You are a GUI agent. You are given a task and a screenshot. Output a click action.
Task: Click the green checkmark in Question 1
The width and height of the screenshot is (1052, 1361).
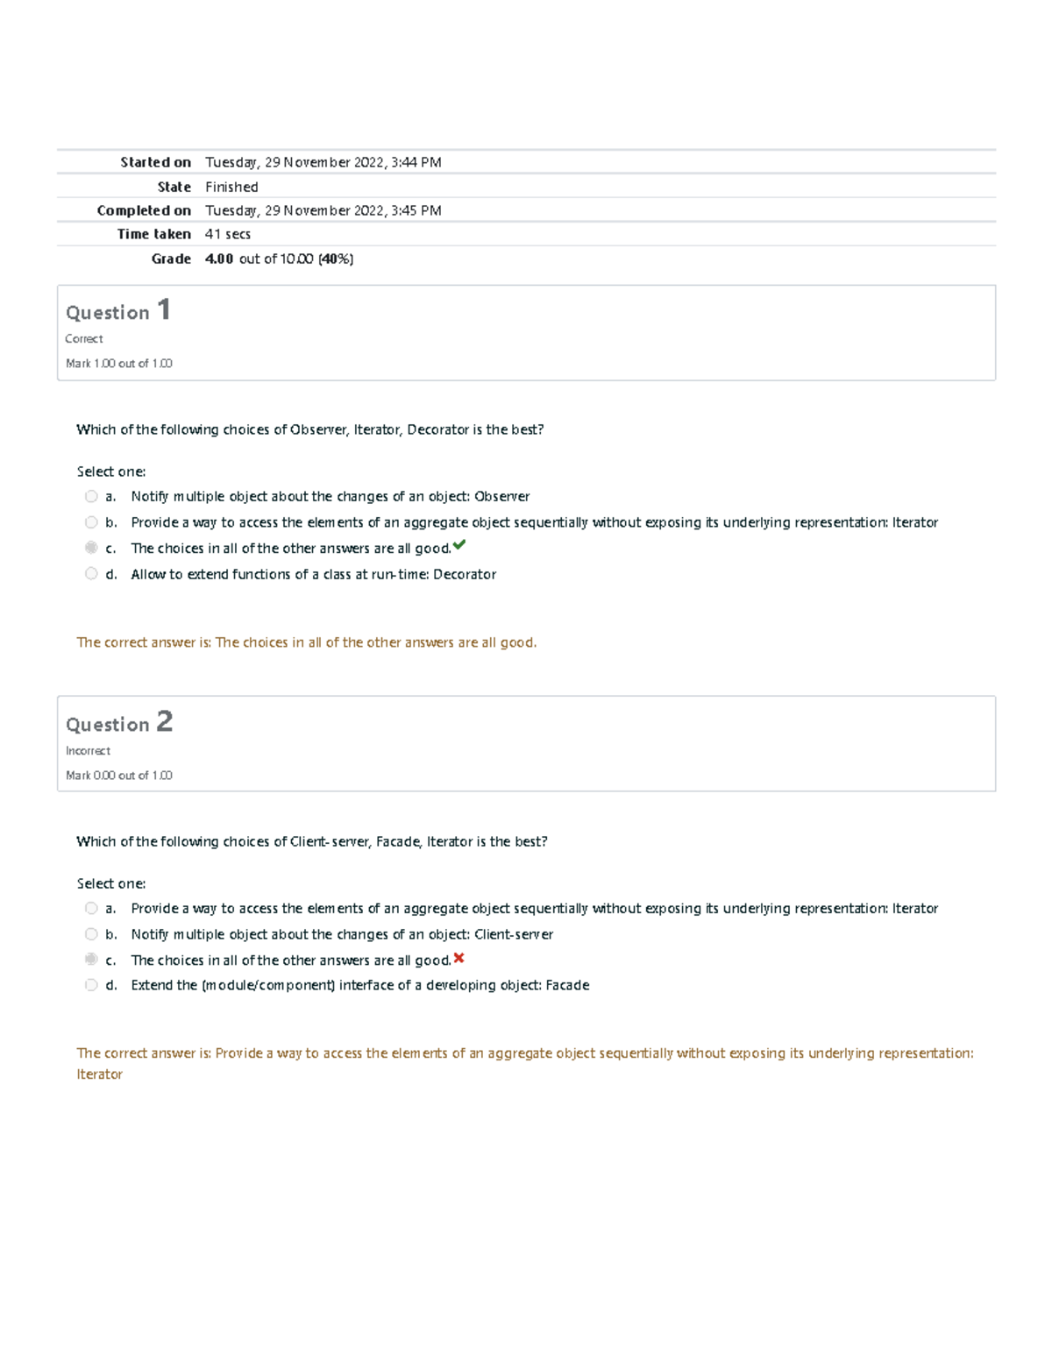[459, 545]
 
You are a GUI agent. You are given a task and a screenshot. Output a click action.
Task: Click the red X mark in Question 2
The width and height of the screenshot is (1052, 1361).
[458, 958]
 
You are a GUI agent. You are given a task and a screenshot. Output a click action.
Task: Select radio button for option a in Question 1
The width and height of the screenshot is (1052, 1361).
[91, 496]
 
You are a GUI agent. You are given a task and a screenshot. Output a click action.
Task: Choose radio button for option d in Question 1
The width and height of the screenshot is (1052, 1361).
[91, 574]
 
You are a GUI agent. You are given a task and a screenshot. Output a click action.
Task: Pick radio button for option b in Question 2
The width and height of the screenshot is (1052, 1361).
[91, 934]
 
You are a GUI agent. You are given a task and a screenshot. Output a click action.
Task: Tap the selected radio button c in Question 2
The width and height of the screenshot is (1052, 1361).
[91, 960]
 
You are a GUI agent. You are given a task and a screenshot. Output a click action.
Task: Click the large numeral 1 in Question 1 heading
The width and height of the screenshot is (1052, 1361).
[163, 310]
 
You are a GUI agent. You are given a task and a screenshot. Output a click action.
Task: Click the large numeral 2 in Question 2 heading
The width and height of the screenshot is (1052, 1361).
[165, 722]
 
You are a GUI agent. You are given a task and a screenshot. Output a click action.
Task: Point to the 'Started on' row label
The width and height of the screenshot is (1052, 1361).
[155, 162]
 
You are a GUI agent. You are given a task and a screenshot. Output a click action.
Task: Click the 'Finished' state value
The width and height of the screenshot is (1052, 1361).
[231, 187]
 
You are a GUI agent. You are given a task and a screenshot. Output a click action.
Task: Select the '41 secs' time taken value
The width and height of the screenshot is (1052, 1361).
[228, 234]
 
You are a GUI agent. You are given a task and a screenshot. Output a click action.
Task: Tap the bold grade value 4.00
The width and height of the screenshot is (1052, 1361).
[219, 259]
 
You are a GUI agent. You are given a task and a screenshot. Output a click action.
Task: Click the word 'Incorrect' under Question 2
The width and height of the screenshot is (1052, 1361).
[88, 751]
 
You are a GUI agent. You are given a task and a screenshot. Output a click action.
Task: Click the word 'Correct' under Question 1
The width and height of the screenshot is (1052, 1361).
[84, 339]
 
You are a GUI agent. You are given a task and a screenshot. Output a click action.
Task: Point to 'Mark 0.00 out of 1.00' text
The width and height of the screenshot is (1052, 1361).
[119, 776]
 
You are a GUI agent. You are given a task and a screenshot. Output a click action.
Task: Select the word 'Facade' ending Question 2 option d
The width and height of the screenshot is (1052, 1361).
[567, 986]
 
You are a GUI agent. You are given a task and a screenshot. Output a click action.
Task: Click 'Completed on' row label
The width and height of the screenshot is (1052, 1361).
[144, 210]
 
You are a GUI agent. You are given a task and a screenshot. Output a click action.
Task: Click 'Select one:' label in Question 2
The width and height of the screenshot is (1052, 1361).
[111, 883]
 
